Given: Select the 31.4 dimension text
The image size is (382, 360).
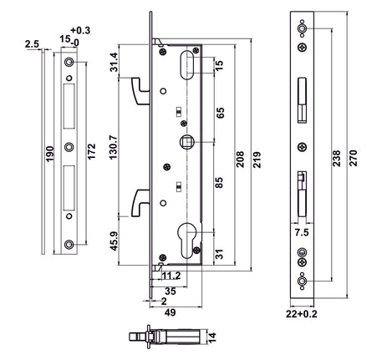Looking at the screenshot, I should click(x=115, y=63).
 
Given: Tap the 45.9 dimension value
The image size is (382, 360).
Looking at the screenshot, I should click(x=115, y=242).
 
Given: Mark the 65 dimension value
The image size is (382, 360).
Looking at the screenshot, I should click(x=218, y=111).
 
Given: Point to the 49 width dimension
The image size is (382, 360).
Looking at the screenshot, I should click(x=169, y=312).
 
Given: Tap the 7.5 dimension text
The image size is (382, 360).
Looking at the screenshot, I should click(x=302, y=235).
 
